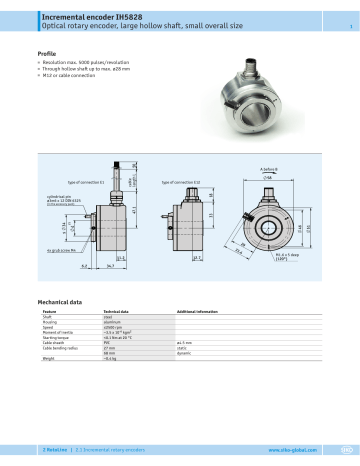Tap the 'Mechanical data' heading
coord(59,299)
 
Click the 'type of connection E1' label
coord(85,182)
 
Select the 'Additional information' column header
coord(198,312)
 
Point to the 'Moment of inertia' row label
coord(58,336)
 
